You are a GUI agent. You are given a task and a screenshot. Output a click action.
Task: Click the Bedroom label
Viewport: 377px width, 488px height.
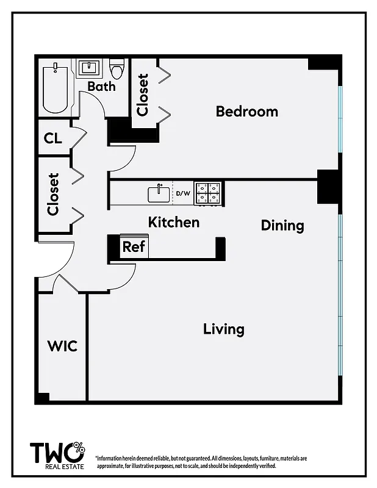coord(246,112)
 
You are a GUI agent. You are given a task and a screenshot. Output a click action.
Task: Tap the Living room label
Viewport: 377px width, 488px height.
coord(223,329)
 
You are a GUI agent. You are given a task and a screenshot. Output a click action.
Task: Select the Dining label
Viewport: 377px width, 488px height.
coord(282,225)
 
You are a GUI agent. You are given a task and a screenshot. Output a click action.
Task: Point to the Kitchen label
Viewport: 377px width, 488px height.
coord(173,222)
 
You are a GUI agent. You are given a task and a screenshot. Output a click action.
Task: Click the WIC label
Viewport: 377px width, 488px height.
coord(62,346)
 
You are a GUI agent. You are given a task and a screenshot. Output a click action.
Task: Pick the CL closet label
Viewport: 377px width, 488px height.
coord(53,138)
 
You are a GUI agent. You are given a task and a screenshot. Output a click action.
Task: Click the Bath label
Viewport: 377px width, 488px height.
coord(101,86)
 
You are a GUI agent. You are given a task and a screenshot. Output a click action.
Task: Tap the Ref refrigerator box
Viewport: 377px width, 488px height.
coord(134,246)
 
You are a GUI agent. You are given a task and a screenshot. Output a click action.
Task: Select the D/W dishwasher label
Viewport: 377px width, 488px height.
coord(183,195)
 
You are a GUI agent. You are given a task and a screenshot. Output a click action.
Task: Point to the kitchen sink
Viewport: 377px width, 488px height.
coord(160,194)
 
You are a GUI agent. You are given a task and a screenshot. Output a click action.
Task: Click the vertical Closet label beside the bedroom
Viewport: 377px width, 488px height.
coord(143,95)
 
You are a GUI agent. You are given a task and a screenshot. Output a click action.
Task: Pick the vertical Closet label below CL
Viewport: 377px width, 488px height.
coord(53,195)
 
